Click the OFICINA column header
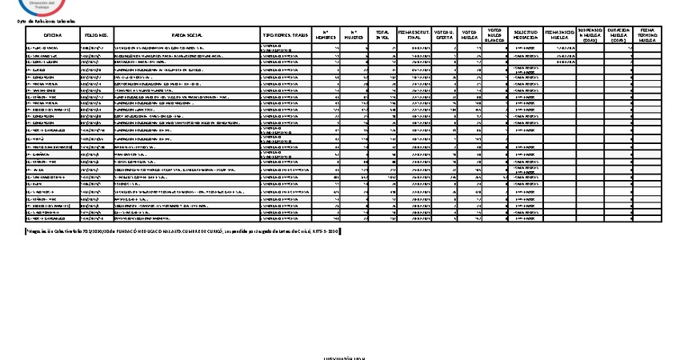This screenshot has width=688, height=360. (x=53, y=36)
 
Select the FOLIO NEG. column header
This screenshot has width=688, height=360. (x=96, y=36)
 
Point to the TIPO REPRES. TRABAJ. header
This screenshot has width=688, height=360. (x=284, y=36)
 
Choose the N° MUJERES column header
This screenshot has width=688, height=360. (x=354, y=36)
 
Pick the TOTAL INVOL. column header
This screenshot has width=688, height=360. (x=382, y=36)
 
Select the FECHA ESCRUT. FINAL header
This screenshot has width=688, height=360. (x=413, y=36)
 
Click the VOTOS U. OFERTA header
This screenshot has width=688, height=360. (x=444, y=36)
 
